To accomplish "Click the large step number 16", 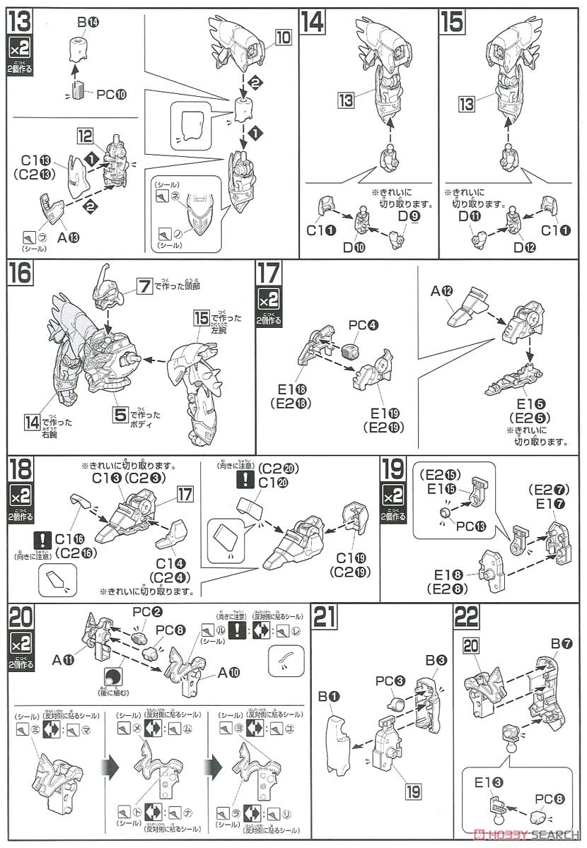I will click(x=21, y=273).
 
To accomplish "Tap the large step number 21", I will click(x=324, y=617).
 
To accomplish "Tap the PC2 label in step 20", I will click(x=143, y=613).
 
